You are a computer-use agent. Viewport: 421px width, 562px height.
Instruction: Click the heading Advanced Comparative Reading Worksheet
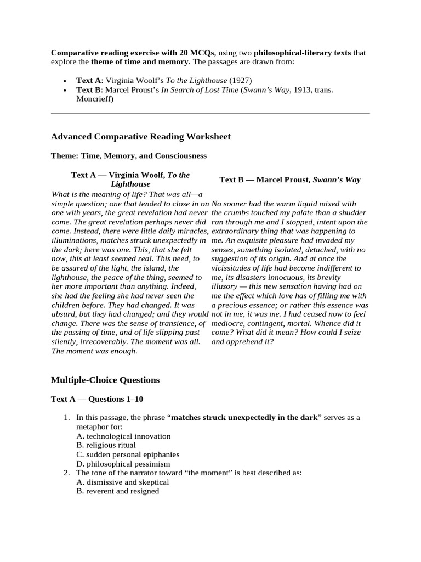click(x=140, y=137)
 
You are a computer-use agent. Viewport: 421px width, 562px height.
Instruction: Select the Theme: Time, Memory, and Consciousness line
click(x=129, y=156)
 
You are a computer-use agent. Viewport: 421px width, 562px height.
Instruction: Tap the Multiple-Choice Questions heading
click(x=105, y=380)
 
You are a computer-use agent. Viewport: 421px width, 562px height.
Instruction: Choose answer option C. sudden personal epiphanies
click(x=128, y=454)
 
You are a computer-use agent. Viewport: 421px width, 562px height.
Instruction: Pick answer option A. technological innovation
click(x=123, y=436)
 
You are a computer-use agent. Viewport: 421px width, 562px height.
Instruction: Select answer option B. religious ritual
click(x=106, y=445)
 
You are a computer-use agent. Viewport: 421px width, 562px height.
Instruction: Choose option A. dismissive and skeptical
click(x=122, y=482)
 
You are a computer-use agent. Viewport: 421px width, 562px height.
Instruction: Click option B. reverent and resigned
click(x=117, y=491)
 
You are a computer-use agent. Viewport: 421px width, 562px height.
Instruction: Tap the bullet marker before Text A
click(x=66, y=81)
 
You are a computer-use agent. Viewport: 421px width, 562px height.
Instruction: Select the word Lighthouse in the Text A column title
click(x=130, y=184)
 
